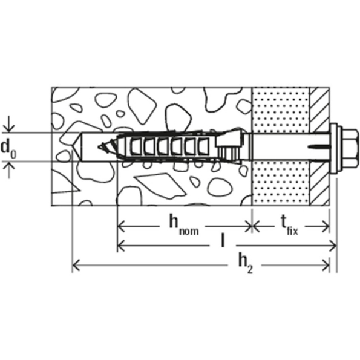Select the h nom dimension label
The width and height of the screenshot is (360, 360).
[x=182, y=224]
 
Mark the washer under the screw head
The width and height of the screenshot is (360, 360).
[x=334, y=146]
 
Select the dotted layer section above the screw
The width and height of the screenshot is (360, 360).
[x=280, y=109]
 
